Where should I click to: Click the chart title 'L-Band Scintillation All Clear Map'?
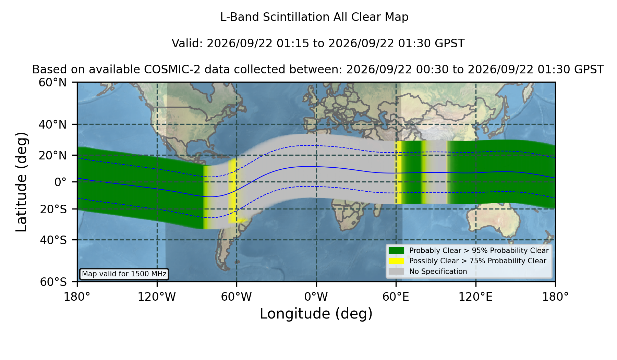click(x=314, y=17)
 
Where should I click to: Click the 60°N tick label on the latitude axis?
click(x=53, y=82)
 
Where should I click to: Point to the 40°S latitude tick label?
click(x=53, y=240)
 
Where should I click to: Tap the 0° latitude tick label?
click(x=61, y=182)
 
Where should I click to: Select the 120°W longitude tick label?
click(x=157, y=297)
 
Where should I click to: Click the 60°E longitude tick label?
click(x=396, y=297)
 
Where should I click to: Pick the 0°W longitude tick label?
click(x=316, y=297)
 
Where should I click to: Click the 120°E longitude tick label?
click(x=475, y=297)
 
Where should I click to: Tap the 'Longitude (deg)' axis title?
click(x=316, y=314)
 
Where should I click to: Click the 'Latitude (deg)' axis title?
click(x=21, y=182)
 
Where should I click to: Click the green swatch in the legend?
click(x=397, y=250)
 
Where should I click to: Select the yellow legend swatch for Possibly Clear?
click(x=397, y=261)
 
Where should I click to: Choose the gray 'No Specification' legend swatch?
click(x=397, y=271)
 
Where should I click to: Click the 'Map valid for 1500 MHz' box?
click(x=124, y=274)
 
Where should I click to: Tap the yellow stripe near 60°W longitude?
click(x=233, y=190)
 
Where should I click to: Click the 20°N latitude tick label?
click(x=53, y=155)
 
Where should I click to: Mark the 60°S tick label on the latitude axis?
click(x=53, y=282)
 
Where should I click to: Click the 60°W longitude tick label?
click(x=237, y=297)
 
